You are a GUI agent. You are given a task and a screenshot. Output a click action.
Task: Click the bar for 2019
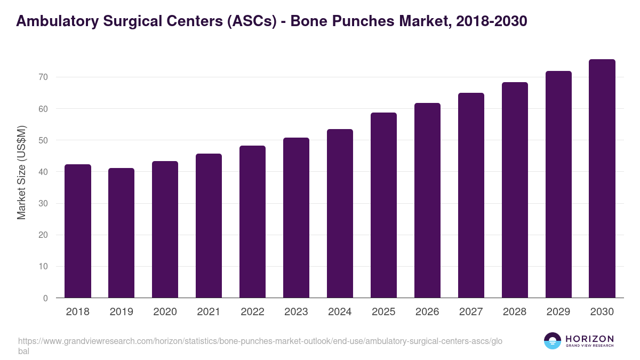click(x=122, y=233)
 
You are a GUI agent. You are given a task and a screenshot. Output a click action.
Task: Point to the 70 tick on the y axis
click(x=43, y=77)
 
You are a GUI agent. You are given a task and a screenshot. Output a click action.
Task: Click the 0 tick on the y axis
click(x=45, y=298)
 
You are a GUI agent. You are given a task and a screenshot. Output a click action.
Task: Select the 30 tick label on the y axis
click(x=43, y=204)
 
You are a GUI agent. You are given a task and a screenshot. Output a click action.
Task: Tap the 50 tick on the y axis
click(x=43, y=140)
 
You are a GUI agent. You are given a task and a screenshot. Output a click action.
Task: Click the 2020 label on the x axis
click(x=165, y=312)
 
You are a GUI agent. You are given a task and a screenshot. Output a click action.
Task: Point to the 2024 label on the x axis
click(x=340, y=312)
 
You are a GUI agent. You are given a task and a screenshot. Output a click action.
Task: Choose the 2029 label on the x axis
click(x=558, y=312)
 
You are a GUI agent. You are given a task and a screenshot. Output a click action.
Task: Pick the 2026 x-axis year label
click(x=427, y=312)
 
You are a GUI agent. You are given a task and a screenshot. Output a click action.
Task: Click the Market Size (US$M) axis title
click(x=22, y=172)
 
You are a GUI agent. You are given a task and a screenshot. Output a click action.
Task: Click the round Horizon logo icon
click(x=552, y=341)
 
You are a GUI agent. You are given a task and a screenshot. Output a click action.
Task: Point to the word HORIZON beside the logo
click(x=589, y=339)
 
